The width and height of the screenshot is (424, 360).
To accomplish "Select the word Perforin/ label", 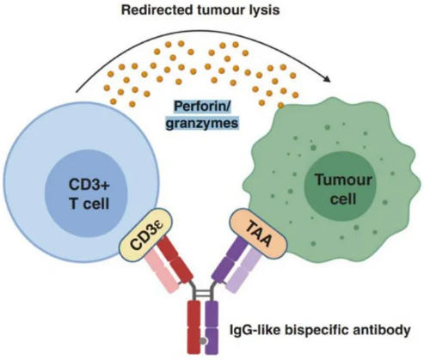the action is tap(203, 107).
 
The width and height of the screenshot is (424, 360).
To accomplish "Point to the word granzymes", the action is tap(202, 123).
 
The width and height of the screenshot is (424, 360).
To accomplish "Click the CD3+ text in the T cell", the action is tap(89, 184).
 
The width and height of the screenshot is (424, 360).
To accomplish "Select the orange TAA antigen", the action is tap(258, 234).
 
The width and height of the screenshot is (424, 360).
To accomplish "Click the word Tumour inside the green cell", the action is tap(343, 180).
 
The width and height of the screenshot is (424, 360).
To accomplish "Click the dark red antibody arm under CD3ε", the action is tap(175, 259).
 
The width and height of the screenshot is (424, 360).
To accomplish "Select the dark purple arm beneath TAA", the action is tap(230, 259).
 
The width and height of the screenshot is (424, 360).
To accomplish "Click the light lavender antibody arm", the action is tap(243, 271).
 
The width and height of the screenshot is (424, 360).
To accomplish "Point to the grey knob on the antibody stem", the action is tap(203, 341).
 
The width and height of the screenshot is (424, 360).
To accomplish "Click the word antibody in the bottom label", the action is tap(380, 331).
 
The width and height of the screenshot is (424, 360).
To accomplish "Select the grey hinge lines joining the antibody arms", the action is tap(203, 293).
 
